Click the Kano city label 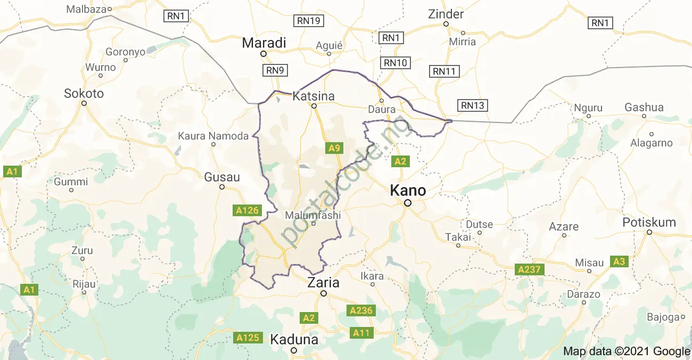[408, 190]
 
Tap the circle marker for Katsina [314, 106]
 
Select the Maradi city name [264, 43]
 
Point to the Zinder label [446, 14]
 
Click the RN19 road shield [309, 21]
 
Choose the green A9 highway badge [334, 148]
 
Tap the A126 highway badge [248, 210]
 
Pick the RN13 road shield [473, 105]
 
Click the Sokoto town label [84, 94]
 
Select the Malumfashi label [312, 215]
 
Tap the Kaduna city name [294, 339]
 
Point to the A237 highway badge [529, 269]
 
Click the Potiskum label [649, 223]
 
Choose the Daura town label [382, 110]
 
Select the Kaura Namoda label [213, 136]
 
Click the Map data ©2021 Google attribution [627, 351]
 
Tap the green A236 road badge [361, 310]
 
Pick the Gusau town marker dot [223, 187]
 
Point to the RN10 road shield [395, 63]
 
